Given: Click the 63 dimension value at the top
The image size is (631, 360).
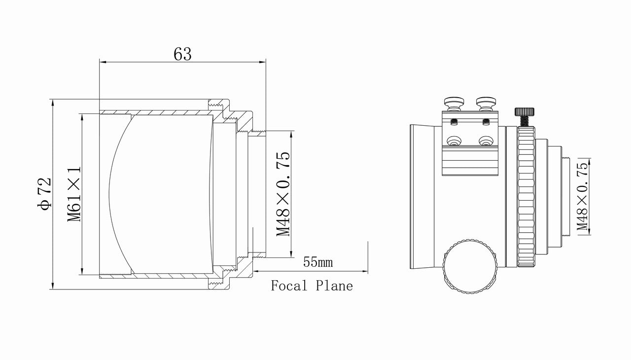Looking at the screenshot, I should tap(182, 54).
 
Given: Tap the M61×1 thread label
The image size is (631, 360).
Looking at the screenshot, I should tap(74, 194).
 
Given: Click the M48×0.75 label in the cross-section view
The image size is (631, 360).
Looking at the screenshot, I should tap(283, 194).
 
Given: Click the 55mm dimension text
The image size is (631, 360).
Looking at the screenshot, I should tap(317, 262).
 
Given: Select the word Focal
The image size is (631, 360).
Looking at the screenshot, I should tap(289, 286).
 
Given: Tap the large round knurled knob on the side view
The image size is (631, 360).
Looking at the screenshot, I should tap(469, 266).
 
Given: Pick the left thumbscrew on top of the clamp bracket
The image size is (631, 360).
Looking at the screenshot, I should tap(452, 104).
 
